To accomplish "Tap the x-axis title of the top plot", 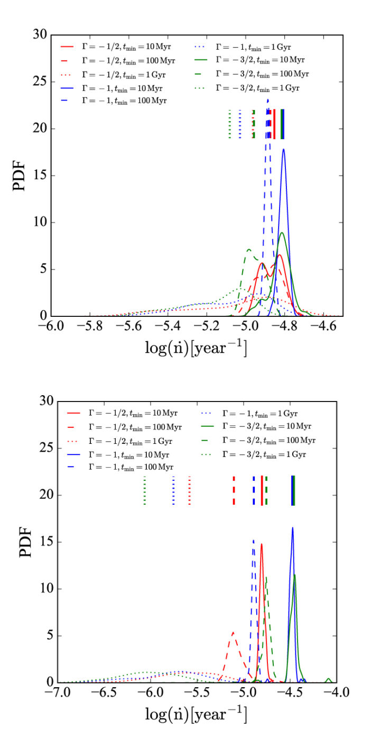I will click(196, 347).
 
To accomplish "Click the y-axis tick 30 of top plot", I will click(41, 35).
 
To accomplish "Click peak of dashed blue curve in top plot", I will click(268, 99).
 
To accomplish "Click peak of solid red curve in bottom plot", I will click(262, 544).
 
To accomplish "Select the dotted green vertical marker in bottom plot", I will click(145, 490).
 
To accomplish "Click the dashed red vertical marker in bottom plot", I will click(234, 490).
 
